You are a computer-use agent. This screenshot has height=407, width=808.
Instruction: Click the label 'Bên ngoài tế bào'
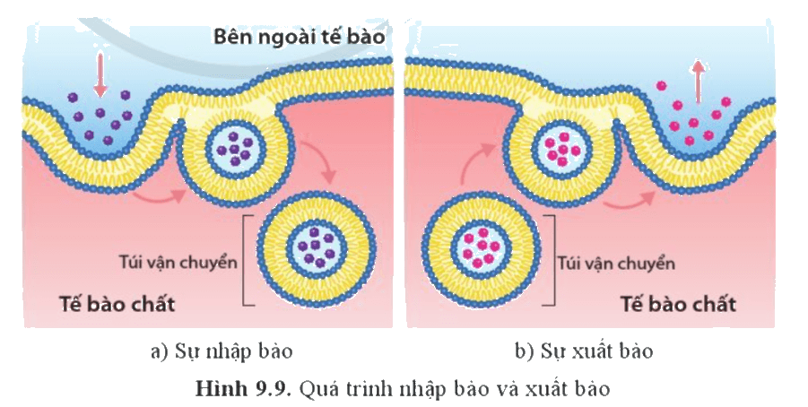point(300,37)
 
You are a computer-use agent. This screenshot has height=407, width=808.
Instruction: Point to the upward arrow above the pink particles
point(698,82)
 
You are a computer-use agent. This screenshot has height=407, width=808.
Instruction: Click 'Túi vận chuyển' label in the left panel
point(178,263)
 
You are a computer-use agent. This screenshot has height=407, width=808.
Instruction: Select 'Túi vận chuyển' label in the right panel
point(616,264)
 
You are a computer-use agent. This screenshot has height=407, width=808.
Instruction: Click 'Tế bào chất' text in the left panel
point(117,303)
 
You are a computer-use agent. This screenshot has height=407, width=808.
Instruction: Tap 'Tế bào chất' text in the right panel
point(678,304)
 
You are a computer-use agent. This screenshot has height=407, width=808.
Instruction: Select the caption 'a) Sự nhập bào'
point(222,352)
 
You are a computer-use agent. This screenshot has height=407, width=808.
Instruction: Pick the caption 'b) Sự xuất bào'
point(584,352)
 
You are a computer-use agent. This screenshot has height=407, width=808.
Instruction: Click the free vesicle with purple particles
point(317,248)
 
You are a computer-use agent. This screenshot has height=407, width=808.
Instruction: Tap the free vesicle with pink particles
point(481,248)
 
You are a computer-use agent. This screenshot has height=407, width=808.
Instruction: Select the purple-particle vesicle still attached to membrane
point(236,150)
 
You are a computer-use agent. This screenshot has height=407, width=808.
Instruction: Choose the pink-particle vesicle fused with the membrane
point(562,150)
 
